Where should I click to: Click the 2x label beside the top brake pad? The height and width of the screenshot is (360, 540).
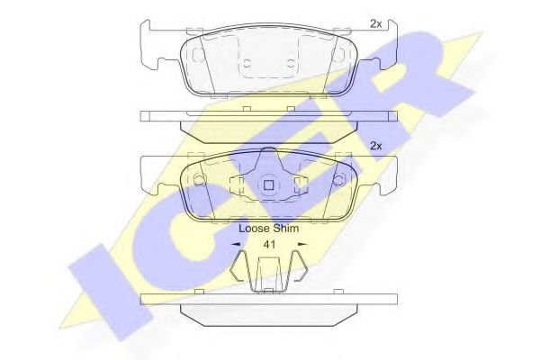(x=375, y=23)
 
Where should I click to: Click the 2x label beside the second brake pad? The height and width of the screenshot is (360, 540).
(x=375, y=146)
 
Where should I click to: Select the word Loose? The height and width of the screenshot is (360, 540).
(x=254, y=229)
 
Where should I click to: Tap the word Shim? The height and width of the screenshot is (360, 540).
(x=285, y=229)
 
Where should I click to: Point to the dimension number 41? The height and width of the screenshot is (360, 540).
(x=269, y=245)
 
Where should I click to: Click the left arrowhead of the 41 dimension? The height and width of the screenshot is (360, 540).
(x=236, y=245)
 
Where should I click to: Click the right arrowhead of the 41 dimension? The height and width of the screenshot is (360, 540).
(x=302, y=245)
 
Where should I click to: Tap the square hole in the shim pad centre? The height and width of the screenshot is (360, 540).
(x=268, y=185)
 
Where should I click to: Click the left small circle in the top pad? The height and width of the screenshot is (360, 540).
(x=247, y=64)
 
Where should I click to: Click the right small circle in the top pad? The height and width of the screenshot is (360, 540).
(x=291, y=64)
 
